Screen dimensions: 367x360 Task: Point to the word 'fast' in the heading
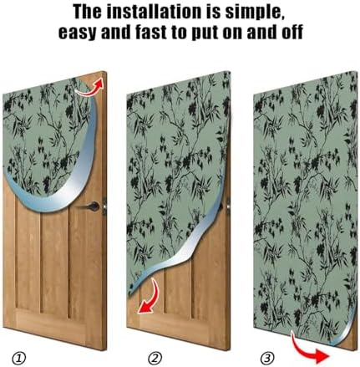click(x=152, y=33)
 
